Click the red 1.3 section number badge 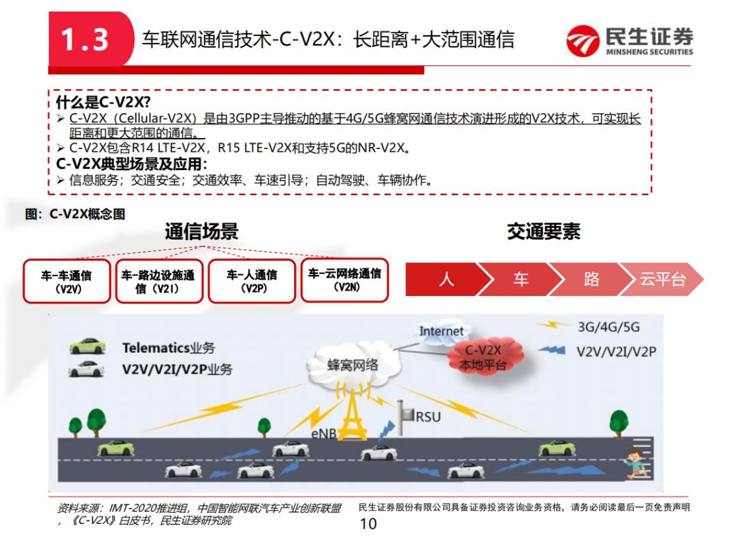point(86,39)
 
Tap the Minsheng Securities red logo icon point(583,41)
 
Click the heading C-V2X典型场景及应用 point(131,164)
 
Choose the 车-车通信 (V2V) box point(67,281)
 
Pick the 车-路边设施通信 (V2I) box point(159,281)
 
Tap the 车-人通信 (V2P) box point(251,280)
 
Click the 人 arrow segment point(446,279)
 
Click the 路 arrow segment point(591,279)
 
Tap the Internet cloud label point(441,332)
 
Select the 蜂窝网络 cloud point(352,365)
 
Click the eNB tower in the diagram point(352,418)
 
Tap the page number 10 point(367,523)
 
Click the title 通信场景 point(201,231)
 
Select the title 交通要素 point(543,231)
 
